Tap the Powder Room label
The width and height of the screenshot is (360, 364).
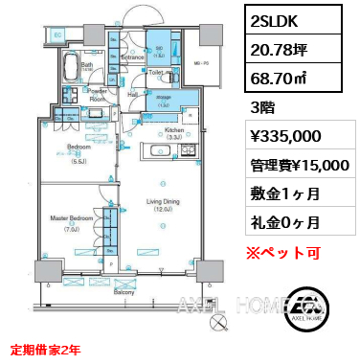point(97,95)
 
